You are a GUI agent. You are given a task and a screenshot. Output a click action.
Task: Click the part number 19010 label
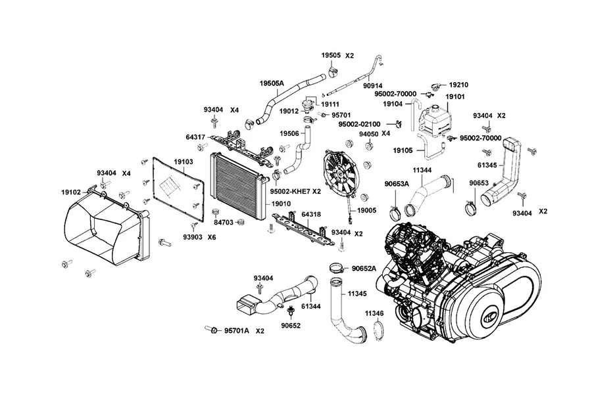click(282, 204)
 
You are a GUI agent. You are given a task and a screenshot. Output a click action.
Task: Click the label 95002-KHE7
click(290, 192)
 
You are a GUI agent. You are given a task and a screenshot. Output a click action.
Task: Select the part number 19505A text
click(272, 83)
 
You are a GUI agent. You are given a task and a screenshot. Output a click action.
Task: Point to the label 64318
click(311, 215)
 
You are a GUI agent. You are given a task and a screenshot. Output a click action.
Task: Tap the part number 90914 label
click(373, 86)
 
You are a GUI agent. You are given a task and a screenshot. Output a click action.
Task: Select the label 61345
click(487, 165)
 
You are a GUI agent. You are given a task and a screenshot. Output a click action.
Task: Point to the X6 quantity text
click(212, 238)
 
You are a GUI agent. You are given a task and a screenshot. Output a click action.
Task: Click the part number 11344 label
click(422, 171)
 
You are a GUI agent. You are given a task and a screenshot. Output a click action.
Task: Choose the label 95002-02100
click(359, 124)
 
